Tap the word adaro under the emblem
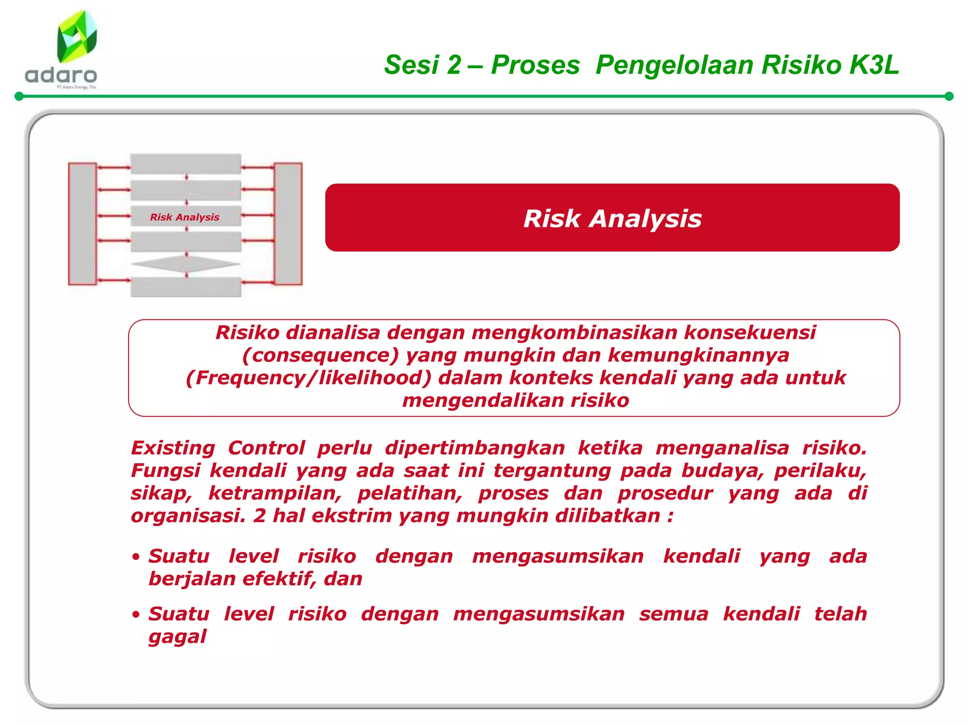click(x=61, y=75)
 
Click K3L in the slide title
click(x=874, y=65)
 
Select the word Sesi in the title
click(x=411, y=65)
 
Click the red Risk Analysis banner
click(x=612, y=218)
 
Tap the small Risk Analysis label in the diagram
click(x=185, y=217)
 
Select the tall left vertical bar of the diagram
click(x=83, y=224)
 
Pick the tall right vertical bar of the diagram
click(x=288, y=224)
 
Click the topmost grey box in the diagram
click(x=186, y=164)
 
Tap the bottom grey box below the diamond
click(x=186, y=287)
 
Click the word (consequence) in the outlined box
click(x=321, y=355)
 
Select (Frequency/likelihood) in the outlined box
click(x=309, y=378)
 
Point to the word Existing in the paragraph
click(x=173, y=448)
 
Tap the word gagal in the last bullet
click(x=177, y=637)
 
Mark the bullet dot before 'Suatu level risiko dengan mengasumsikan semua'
click(x=136, y=614)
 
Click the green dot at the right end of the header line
click(x=949, y=96)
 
